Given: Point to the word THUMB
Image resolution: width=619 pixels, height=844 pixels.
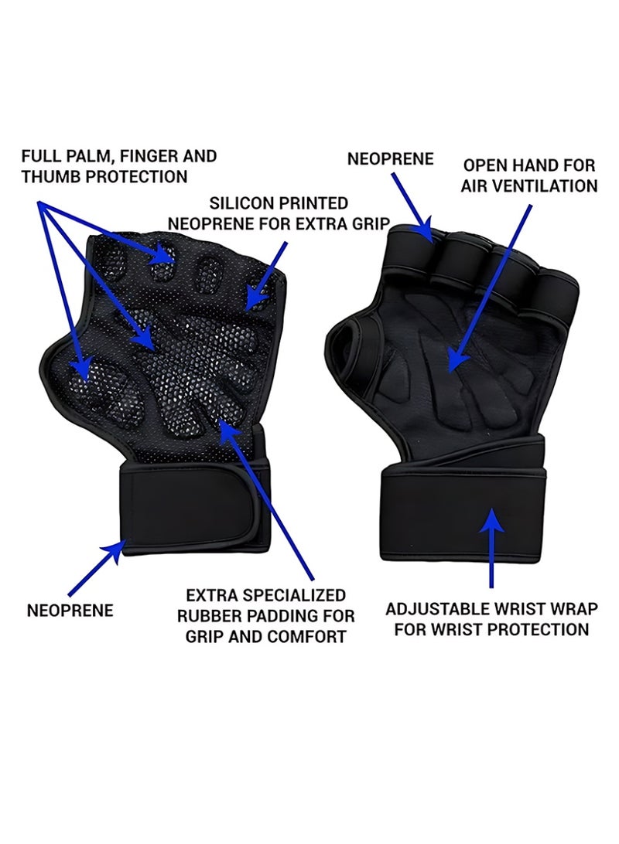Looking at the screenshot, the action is [x=47, y=176].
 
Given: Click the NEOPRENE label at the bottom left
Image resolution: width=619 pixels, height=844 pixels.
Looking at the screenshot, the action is [x=70, y=611].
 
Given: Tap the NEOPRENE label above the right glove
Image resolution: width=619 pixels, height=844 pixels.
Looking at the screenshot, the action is [x=390, y=158].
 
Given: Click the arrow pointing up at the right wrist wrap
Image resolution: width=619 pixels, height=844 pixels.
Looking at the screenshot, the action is [x=491, y=546].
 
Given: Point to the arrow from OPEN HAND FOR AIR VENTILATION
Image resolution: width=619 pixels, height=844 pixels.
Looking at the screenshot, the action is [x=489, y=289].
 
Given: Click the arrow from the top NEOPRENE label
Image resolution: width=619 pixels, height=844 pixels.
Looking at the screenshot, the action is [x=412, y=208].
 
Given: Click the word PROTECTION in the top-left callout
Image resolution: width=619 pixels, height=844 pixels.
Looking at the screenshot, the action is [x=134, y=176].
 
